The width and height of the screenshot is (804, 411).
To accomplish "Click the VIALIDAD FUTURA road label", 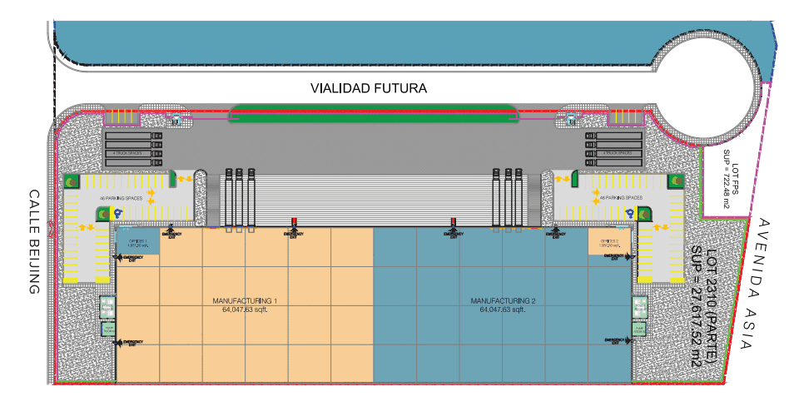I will click(x=368, y=87).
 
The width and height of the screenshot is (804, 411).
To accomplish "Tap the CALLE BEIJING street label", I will click(x=34, y=241).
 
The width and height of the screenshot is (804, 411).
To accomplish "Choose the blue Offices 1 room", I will click(x=138, y=241).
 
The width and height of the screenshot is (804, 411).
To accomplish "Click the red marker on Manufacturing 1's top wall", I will click(x=294, y=221).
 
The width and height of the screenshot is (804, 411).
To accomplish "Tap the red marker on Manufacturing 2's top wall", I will click(x=454, y=221).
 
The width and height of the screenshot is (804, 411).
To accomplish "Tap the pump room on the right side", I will click(x=639, y=307).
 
